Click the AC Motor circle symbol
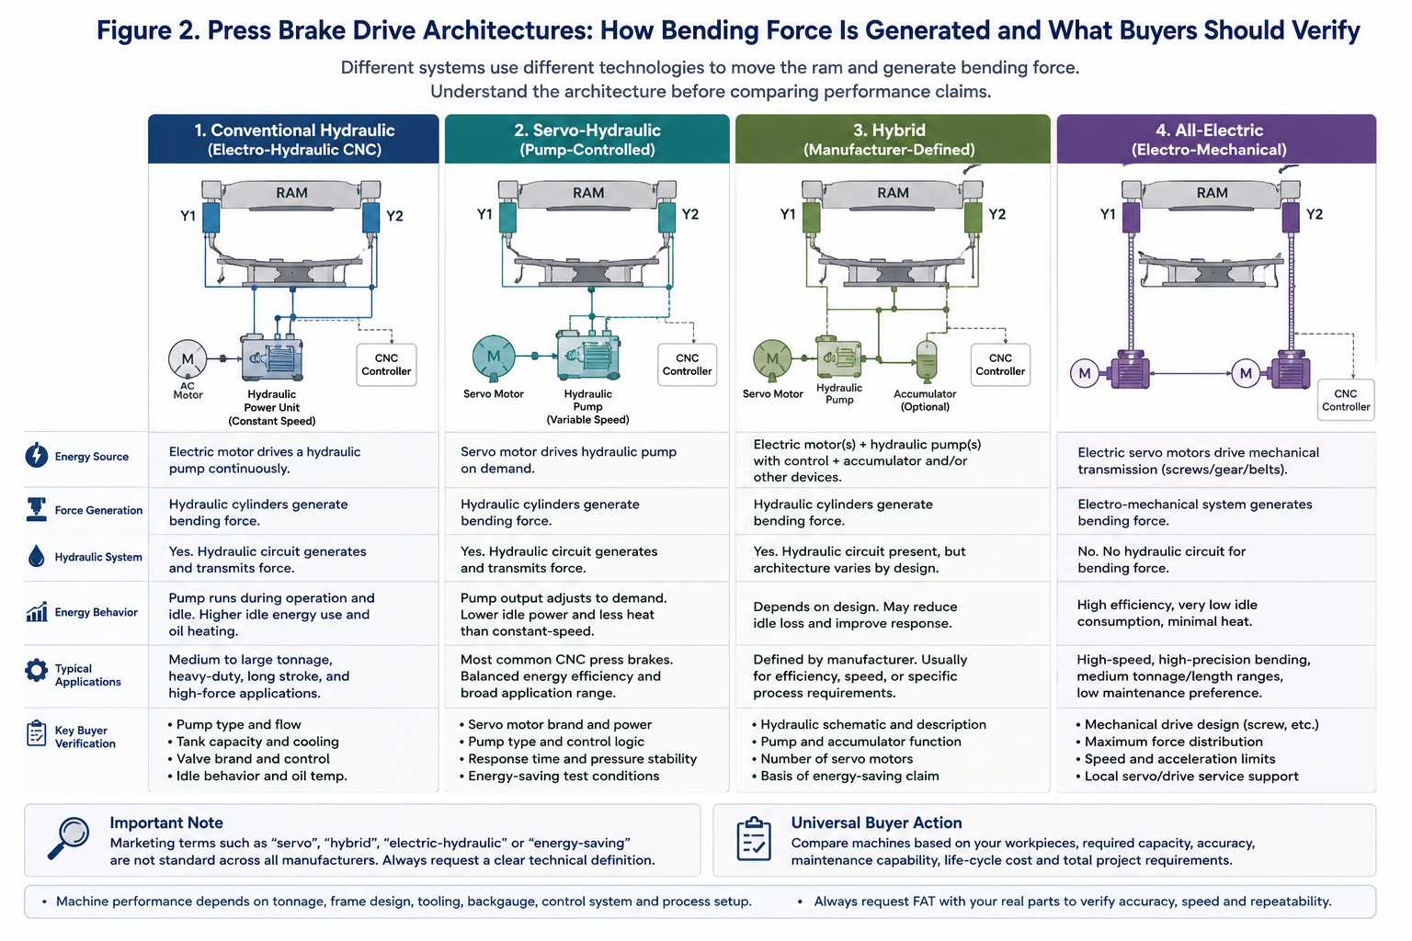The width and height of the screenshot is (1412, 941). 188,359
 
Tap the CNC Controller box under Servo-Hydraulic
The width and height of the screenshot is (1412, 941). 687,364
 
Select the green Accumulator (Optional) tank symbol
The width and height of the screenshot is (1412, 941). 926,360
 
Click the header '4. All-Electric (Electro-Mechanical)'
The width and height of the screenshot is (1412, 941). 1209,140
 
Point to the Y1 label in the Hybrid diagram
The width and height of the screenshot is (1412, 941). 787,214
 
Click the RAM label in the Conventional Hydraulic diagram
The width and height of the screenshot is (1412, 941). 291,193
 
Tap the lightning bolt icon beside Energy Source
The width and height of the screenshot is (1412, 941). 37,455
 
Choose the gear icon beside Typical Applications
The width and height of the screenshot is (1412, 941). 37,670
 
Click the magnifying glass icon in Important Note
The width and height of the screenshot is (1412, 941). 68,838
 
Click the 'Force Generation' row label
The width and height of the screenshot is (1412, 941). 98,510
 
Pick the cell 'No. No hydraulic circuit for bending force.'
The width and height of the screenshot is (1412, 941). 1161,560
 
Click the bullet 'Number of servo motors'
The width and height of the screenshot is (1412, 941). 832,759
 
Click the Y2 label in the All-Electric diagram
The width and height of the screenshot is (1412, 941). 1315,214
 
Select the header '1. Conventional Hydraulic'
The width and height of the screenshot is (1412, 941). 294,130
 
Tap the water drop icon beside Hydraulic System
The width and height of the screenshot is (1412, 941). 37,556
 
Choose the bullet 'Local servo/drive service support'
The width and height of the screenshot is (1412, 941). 1187,776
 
